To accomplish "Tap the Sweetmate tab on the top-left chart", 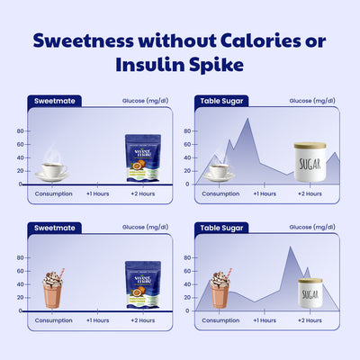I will click(51, 102).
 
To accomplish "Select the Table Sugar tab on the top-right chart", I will click(220, 102).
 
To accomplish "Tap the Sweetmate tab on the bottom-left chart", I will click(51, 229).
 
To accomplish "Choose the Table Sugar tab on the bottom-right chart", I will click(220, 229).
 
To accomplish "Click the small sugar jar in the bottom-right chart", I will click(310, 292).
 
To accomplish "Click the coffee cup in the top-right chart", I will click(218, 170).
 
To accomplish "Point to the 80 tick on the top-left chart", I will click(20, 130).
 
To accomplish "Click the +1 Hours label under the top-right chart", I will click(264, 193).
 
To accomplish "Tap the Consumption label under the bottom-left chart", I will click(54, 320).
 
